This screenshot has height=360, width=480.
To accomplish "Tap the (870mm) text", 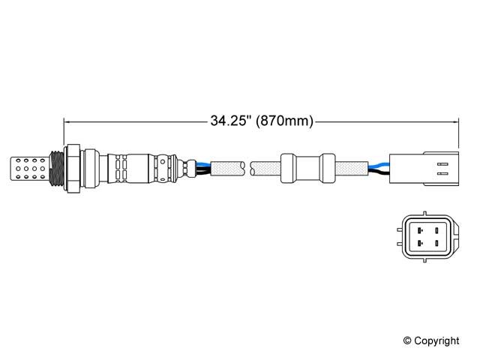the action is pos(285,121).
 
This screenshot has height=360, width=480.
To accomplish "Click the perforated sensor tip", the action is pos(29,168).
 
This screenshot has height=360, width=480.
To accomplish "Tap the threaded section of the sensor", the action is pos(57,168).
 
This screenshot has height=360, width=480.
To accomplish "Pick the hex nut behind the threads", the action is pos(73,168).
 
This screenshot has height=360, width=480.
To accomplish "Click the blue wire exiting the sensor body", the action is pos(202,165).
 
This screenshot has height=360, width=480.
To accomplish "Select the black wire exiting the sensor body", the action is pos(202,172).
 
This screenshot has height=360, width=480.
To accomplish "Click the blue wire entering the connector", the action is pos(379,165).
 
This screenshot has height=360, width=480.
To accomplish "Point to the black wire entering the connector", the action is pos(379,173).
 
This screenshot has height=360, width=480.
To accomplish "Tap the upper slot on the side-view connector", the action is pos(442,164).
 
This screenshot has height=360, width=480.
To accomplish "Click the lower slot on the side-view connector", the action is pos(442,173).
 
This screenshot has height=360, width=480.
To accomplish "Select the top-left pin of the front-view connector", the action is pos(420,230).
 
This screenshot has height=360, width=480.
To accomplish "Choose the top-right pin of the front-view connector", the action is pos(436,230).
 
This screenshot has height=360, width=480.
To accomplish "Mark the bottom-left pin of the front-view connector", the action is pos(420,243).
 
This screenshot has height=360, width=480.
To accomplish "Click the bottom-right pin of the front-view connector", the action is pos(436,243).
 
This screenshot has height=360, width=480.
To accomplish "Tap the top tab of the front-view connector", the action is pos(424,213).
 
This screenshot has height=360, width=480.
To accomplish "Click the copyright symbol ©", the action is pos(407,340).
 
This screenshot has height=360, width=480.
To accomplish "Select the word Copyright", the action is pos(436,341).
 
